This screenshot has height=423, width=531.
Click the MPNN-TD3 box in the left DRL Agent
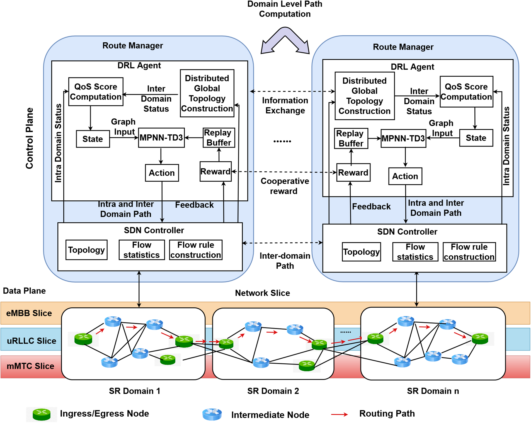tap(161, 138)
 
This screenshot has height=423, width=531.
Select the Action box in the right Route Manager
tap(405, 176)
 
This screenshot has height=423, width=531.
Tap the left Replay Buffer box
tap(219, 138)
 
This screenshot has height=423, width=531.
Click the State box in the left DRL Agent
tap(93, 139)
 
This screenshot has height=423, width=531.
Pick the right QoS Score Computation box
tap(466, 92)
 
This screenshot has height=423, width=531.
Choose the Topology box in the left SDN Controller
tap(86, 250)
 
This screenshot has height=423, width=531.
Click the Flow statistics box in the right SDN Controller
tap(415, 252)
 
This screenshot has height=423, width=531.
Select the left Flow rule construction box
tap(196, 250)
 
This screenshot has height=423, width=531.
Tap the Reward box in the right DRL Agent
tap(353, 173)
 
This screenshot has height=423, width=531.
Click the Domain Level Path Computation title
tap(285, 9)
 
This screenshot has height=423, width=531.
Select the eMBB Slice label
tap(29, 313)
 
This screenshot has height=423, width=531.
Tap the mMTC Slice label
tap(30, 366)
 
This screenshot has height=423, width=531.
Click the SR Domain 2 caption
tap(273, 391)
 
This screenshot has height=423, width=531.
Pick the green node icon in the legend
tap(42, 414)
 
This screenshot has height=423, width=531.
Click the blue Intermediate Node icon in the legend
tap(212, 414)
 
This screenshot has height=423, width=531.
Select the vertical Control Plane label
tap(29, 138)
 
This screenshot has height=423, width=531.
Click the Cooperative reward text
tap(285, 186)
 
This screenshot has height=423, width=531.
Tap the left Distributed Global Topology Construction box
tap(207, 93)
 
